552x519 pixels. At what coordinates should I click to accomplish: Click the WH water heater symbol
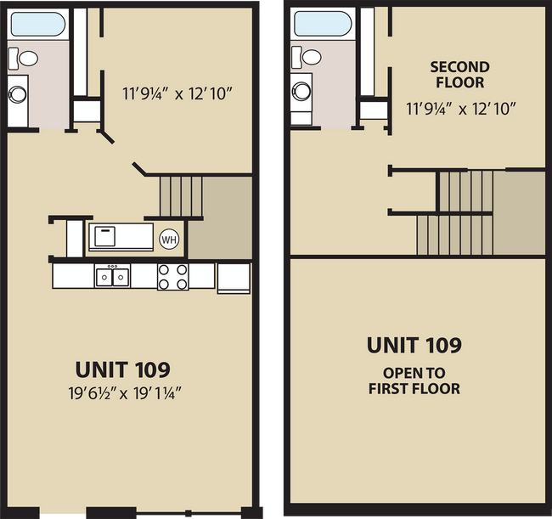click(x=169, y=239)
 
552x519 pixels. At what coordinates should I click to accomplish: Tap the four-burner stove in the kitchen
click(x=172, y=276)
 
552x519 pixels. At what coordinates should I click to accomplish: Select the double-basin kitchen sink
click(x=112, y=276)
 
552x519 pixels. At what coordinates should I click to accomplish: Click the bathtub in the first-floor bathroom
click(x=39, y=24)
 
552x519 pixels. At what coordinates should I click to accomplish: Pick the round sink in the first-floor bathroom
click(x=18, y=91)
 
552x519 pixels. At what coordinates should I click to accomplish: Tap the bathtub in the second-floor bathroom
click(x=322, y=24)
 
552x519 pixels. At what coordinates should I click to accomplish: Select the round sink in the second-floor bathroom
click(x=301, y=89)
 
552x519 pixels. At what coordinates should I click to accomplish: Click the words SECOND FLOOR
click(x=459, y=75)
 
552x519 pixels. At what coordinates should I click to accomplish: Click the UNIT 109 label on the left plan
click(x=122, y=370)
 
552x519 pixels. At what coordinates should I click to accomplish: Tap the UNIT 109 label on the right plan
click(x=414, y=345)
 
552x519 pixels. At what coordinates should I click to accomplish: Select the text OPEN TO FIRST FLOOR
click(x=414, y=381)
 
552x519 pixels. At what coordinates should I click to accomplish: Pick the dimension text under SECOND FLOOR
click(x=460, y=108)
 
